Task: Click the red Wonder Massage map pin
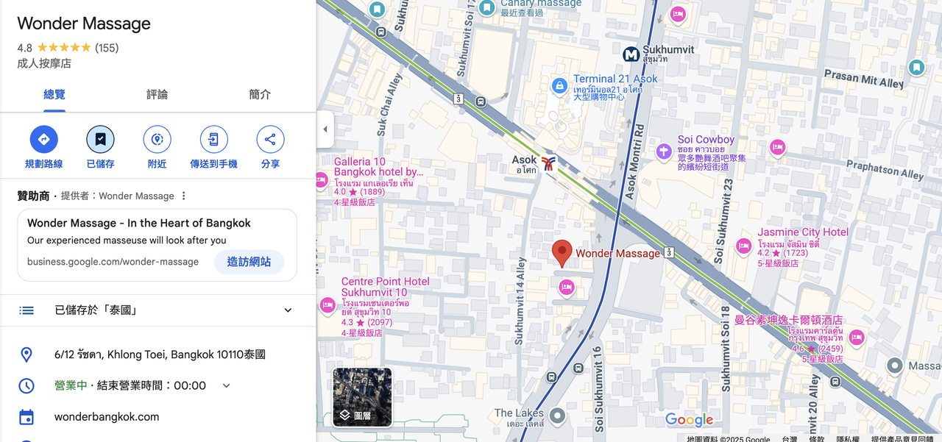[x=562, y=252]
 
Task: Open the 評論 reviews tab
[x=157, y=94]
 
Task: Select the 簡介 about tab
[x=260, y=94]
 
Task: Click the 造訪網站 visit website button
[x=249, y=262]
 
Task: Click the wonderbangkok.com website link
[x=107, y=416]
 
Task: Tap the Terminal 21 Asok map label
[x=615, y=79]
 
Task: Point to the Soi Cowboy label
[x=706, y=140]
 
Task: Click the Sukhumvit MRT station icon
[x=631, y=54]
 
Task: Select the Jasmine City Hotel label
[x=803, y=232]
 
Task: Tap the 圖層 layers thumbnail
[x=363, y=397]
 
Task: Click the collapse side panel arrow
[x=325, y=129]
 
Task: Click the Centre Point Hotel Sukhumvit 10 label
[x=385, y=287]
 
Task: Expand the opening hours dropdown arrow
[x=227, y=385]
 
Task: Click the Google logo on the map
[x=690, y=420]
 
